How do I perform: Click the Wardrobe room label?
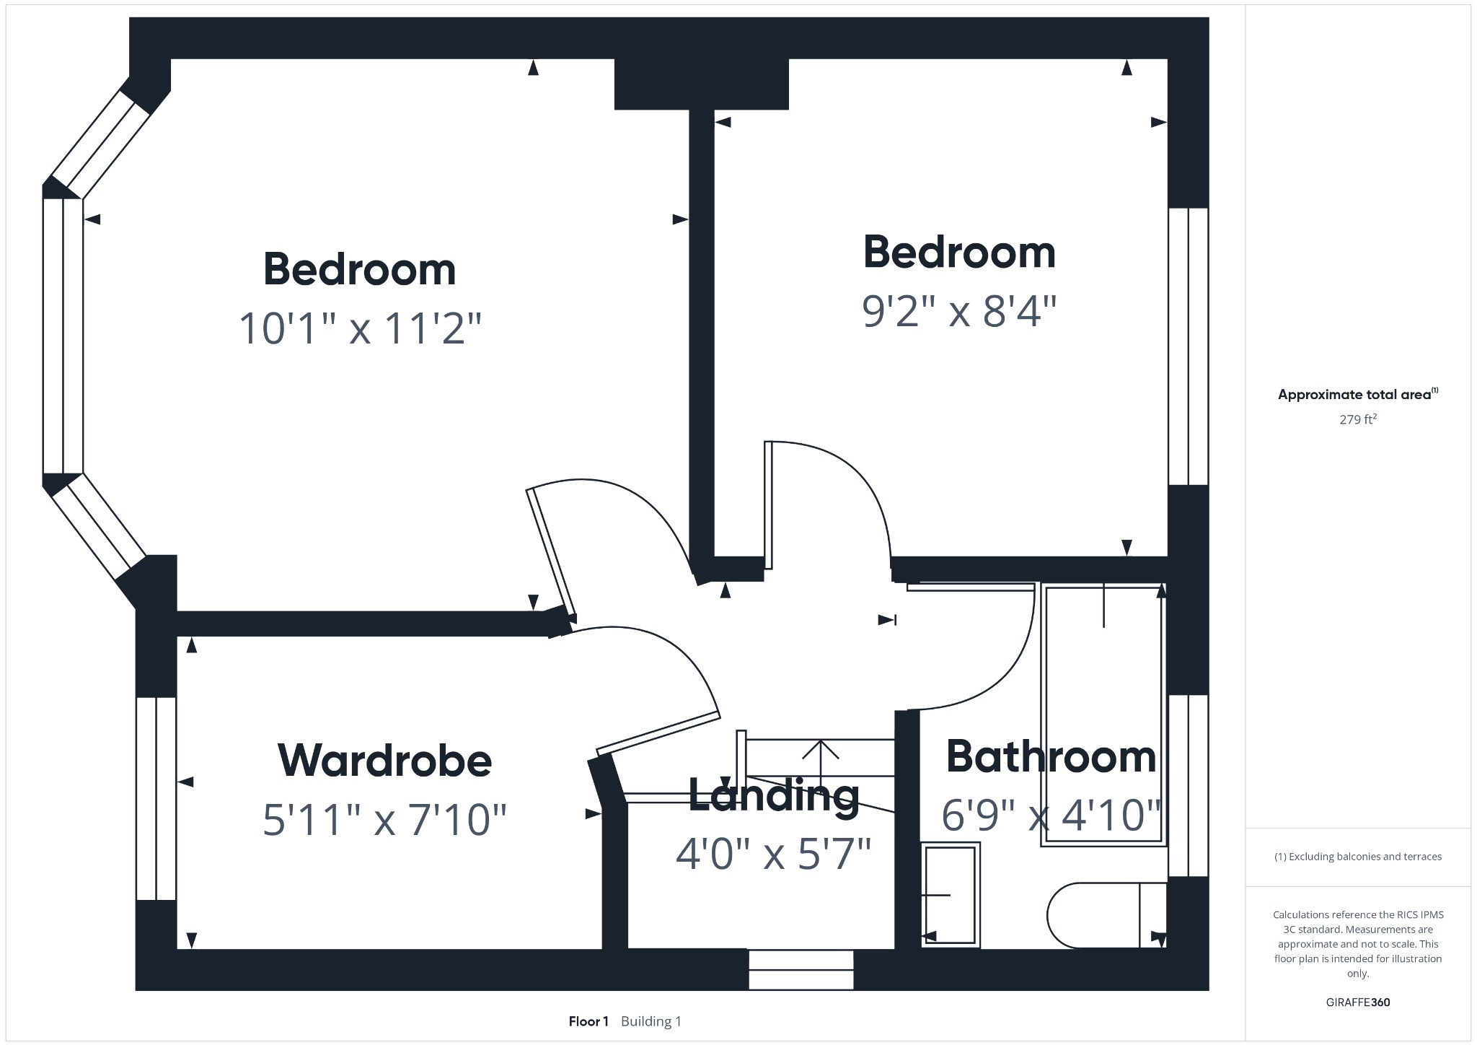[x=384, y=760]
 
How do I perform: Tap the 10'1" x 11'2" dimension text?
[x=359, y=328]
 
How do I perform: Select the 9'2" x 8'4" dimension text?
[x=958, y=311]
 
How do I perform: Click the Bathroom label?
[x=1050, y=756]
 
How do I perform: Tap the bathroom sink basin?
[x=950, y=895]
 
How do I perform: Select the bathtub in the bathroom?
[x=1103, y=714]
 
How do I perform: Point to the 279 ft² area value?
[x=1357, y=419]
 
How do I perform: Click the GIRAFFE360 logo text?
[x=1357, y=1002]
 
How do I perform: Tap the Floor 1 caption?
[x=588, y=1021]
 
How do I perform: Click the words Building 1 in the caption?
[x=651, y=1021]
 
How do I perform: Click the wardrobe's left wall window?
[x=156, y=798]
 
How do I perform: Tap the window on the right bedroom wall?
[x=1188, y=346]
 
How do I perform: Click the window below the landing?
[x=801, y=969]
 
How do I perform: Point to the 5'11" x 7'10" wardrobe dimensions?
[x=384, y=821]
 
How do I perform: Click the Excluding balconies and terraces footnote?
[x=1357, y=857]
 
